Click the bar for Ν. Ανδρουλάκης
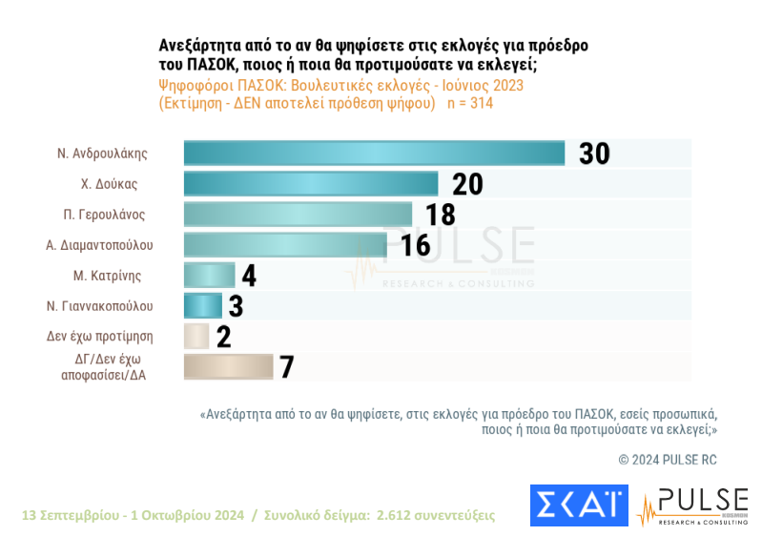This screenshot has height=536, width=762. tap(374, 154)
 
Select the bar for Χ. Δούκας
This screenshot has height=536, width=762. tap(310, 184)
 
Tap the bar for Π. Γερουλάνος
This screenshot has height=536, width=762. tap(297, 215)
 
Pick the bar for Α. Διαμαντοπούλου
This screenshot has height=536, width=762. tap(284, 245)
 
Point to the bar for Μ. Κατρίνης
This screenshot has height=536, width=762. tap(208, 276)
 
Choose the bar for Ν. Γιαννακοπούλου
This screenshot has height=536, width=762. tap(202, 306)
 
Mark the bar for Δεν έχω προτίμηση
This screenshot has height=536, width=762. tap(196, 336)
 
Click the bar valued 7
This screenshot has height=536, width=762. tap(228, 366)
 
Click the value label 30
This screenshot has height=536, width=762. tap(593, 154)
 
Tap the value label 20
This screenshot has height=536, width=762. tap(467, 184)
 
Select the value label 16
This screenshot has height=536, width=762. tap(416, 245)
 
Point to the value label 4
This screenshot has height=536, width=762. tap(249, 276)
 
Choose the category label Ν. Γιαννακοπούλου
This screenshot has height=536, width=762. tap(99, 306)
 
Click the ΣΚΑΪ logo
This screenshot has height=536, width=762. tap(579, 505)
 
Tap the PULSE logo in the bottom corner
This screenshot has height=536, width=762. tap(693, 505)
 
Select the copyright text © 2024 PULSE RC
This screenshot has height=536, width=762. tap(667, 460)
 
